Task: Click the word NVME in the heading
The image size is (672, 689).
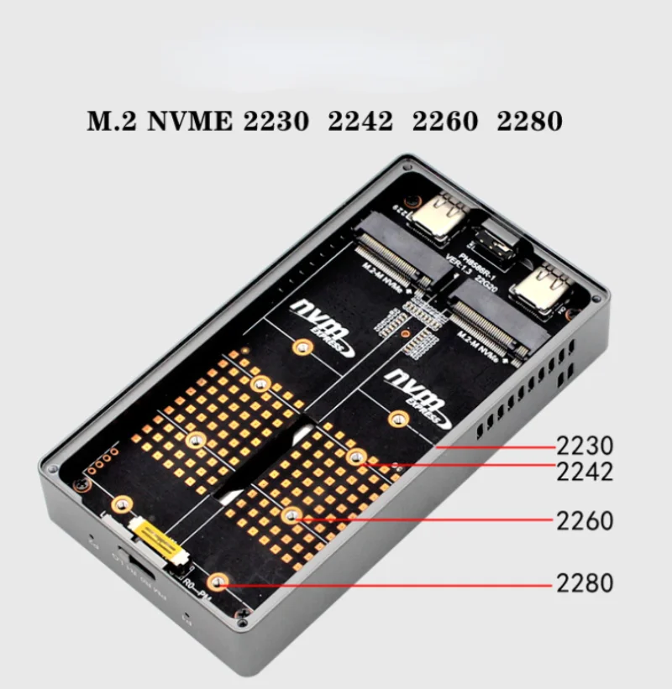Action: click(189, 121)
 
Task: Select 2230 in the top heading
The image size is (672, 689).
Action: click(276, 121)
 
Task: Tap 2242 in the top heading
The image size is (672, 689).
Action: click(360, 121)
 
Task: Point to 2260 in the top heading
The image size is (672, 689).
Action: click(444, 121)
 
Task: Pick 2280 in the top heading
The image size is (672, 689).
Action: click(529, 121)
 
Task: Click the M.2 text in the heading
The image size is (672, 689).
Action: click(113, 121)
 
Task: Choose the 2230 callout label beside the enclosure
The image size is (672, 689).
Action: click(585, 445)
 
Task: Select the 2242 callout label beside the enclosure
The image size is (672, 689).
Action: click(585, 472)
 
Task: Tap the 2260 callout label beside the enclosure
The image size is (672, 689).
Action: click(585, 521)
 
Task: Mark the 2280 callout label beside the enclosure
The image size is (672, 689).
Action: click(585, 582)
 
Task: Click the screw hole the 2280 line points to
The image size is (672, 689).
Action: click(218, 581)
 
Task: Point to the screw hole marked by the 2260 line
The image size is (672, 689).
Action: click(290, 516)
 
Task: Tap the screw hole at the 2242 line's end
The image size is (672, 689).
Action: click(355, 457)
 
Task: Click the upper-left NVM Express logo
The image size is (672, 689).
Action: click(319, 317)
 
